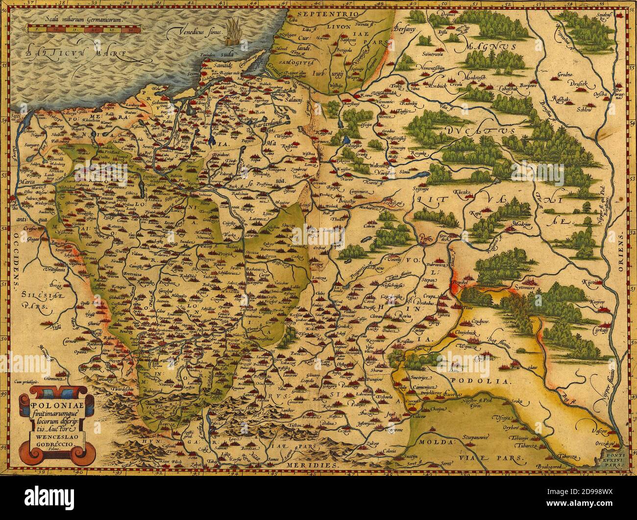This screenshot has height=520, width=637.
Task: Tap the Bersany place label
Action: point(406,28)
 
